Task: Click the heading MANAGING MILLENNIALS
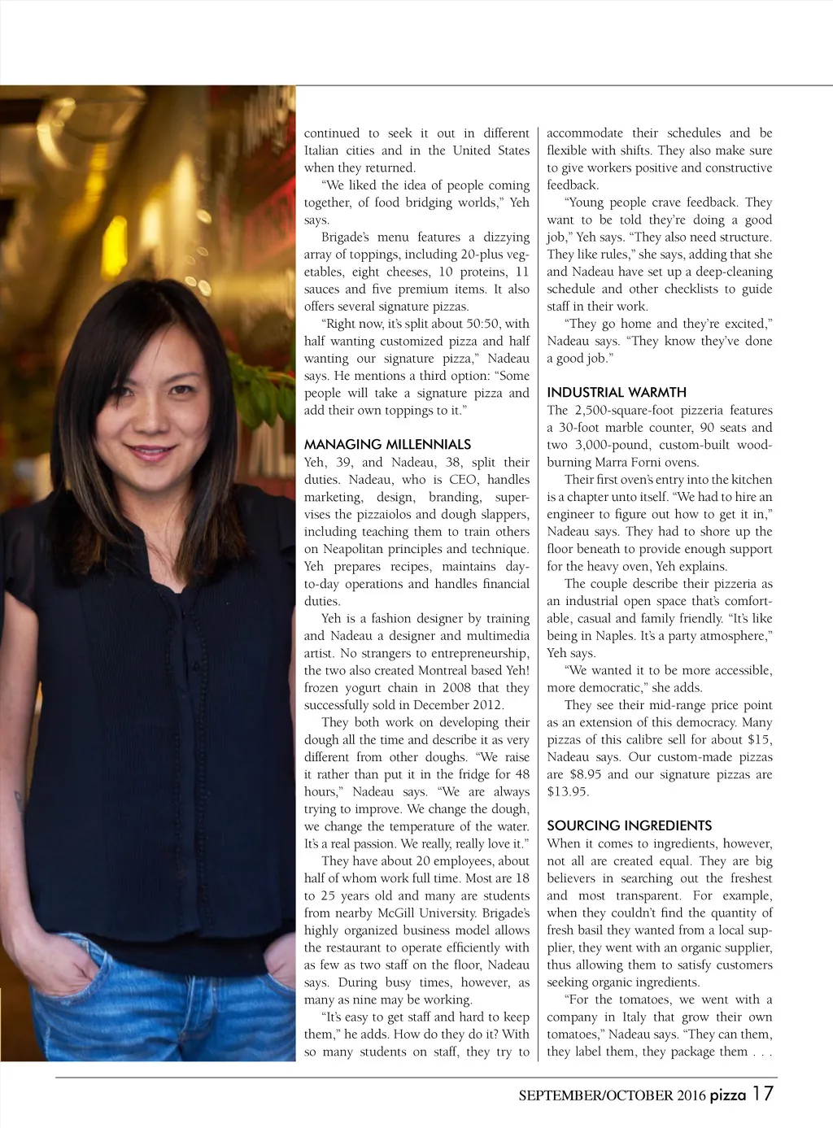click(x=387, y=445)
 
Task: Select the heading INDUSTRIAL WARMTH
click(x=617, y=393)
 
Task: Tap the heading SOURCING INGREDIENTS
click(x=629, y=825)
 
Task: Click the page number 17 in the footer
click(x=763, y=1094)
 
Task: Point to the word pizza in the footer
click(x=727, y=1095)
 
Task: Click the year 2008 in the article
click(x=456, y=688)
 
